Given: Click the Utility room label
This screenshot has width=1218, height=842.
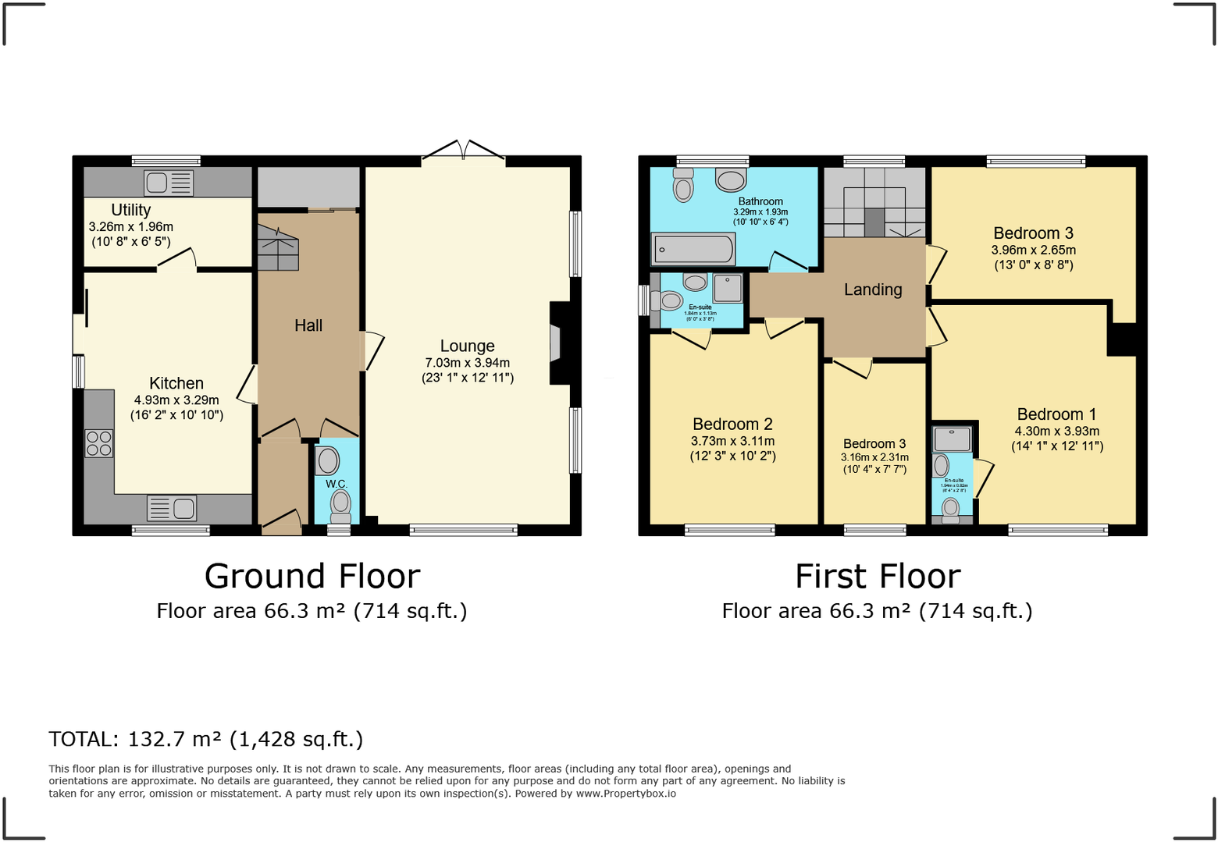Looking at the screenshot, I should (130, 210).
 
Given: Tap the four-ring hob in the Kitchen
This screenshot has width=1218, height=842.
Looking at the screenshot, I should (99, 443).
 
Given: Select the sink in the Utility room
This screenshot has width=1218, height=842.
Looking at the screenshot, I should (169, 183).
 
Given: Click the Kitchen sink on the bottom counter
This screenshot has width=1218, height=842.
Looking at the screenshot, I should (172, 508).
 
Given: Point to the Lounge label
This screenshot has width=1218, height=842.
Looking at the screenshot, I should (467, 346).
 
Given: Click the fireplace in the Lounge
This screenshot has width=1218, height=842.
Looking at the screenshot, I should (557, 343).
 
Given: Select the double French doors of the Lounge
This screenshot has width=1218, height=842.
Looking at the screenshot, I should (464, 151).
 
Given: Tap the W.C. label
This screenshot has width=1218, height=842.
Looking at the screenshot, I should (337, 484).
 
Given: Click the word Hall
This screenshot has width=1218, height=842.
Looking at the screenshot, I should (308, 325).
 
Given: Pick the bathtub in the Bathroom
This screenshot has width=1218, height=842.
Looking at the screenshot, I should (693, 250).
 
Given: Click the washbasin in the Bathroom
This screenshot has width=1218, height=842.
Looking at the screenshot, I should (731, 180).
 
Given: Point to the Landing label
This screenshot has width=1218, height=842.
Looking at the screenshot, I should (873, 290).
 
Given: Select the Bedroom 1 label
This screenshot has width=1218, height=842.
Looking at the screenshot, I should (1056, 414).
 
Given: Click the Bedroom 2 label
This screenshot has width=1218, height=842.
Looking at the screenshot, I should (732, 424).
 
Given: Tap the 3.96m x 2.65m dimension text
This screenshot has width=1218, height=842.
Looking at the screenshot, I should (1033, 250).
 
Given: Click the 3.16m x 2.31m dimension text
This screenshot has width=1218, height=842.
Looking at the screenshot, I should (874, 457).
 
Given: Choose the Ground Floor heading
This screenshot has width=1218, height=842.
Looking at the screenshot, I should (312, 577).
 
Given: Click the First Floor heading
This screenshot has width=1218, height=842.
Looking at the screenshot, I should (878, 577).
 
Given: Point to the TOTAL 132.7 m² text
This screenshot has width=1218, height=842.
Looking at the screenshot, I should (206, 739).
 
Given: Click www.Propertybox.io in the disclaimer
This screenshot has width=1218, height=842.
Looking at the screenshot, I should (625, 794).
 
